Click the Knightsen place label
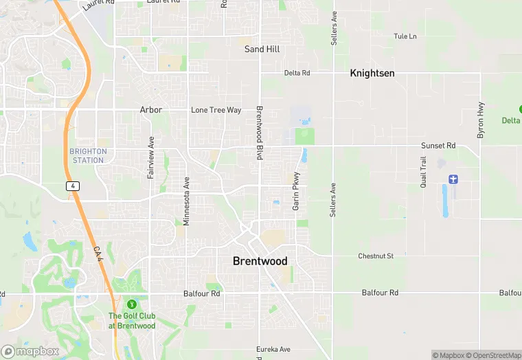tap(372, 73)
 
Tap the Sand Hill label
tap(262, 49)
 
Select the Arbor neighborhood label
tap(151, 110)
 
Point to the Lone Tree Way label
tap(216, 110)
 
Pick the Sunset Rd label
tap(438, 146)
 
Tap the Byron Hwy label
tap(481, 120)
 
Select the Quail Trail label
tap(424, 172)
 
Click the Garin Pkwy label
tap(297, 190)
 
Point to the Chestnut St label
tap(376, 256)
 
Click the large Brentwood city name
tap(260, 261)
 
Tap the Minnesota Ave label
tap(186, 201)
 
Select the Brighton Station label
tap(88, 156)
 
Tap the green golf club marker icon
tap(132, 304)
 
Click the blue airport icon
tap(453, 179)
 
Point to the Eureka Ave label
tap(273, 349)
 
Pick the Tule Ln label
tap(405, 36)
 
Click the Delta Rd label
tap(297, 73)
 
